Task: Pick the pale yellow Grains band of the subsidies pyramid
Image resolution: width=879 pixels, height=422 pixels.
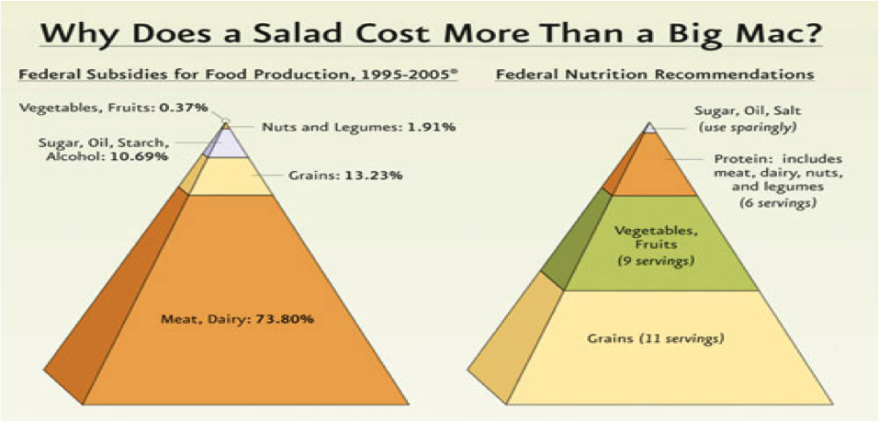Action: (231, 177)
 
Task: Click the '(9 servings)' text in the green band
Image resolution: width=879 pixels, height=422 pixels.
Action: (655, 262)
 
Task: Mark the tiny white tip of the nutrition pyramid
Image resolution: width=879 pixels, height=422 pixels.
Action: (649, 127)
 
